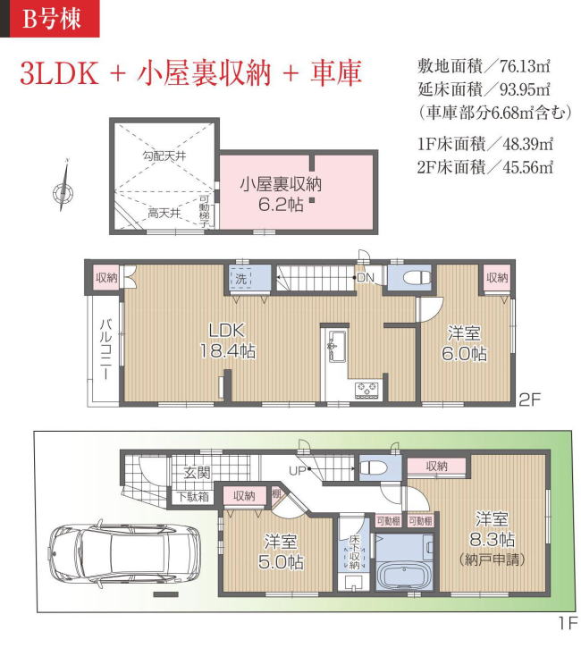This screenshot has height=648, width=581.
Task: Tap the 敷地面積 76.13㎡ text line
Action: [483, 65]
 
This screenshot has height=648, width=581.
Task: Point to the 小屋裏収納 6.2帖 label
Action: [280, 193]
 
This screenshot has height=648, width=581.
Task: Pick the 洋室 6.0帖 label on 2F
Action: [467, 343]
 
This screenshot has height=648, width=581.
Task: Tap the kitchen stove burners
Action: [366, 388]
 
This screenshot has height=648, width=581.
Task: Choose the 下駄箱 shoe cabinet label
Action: [192, 496]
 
